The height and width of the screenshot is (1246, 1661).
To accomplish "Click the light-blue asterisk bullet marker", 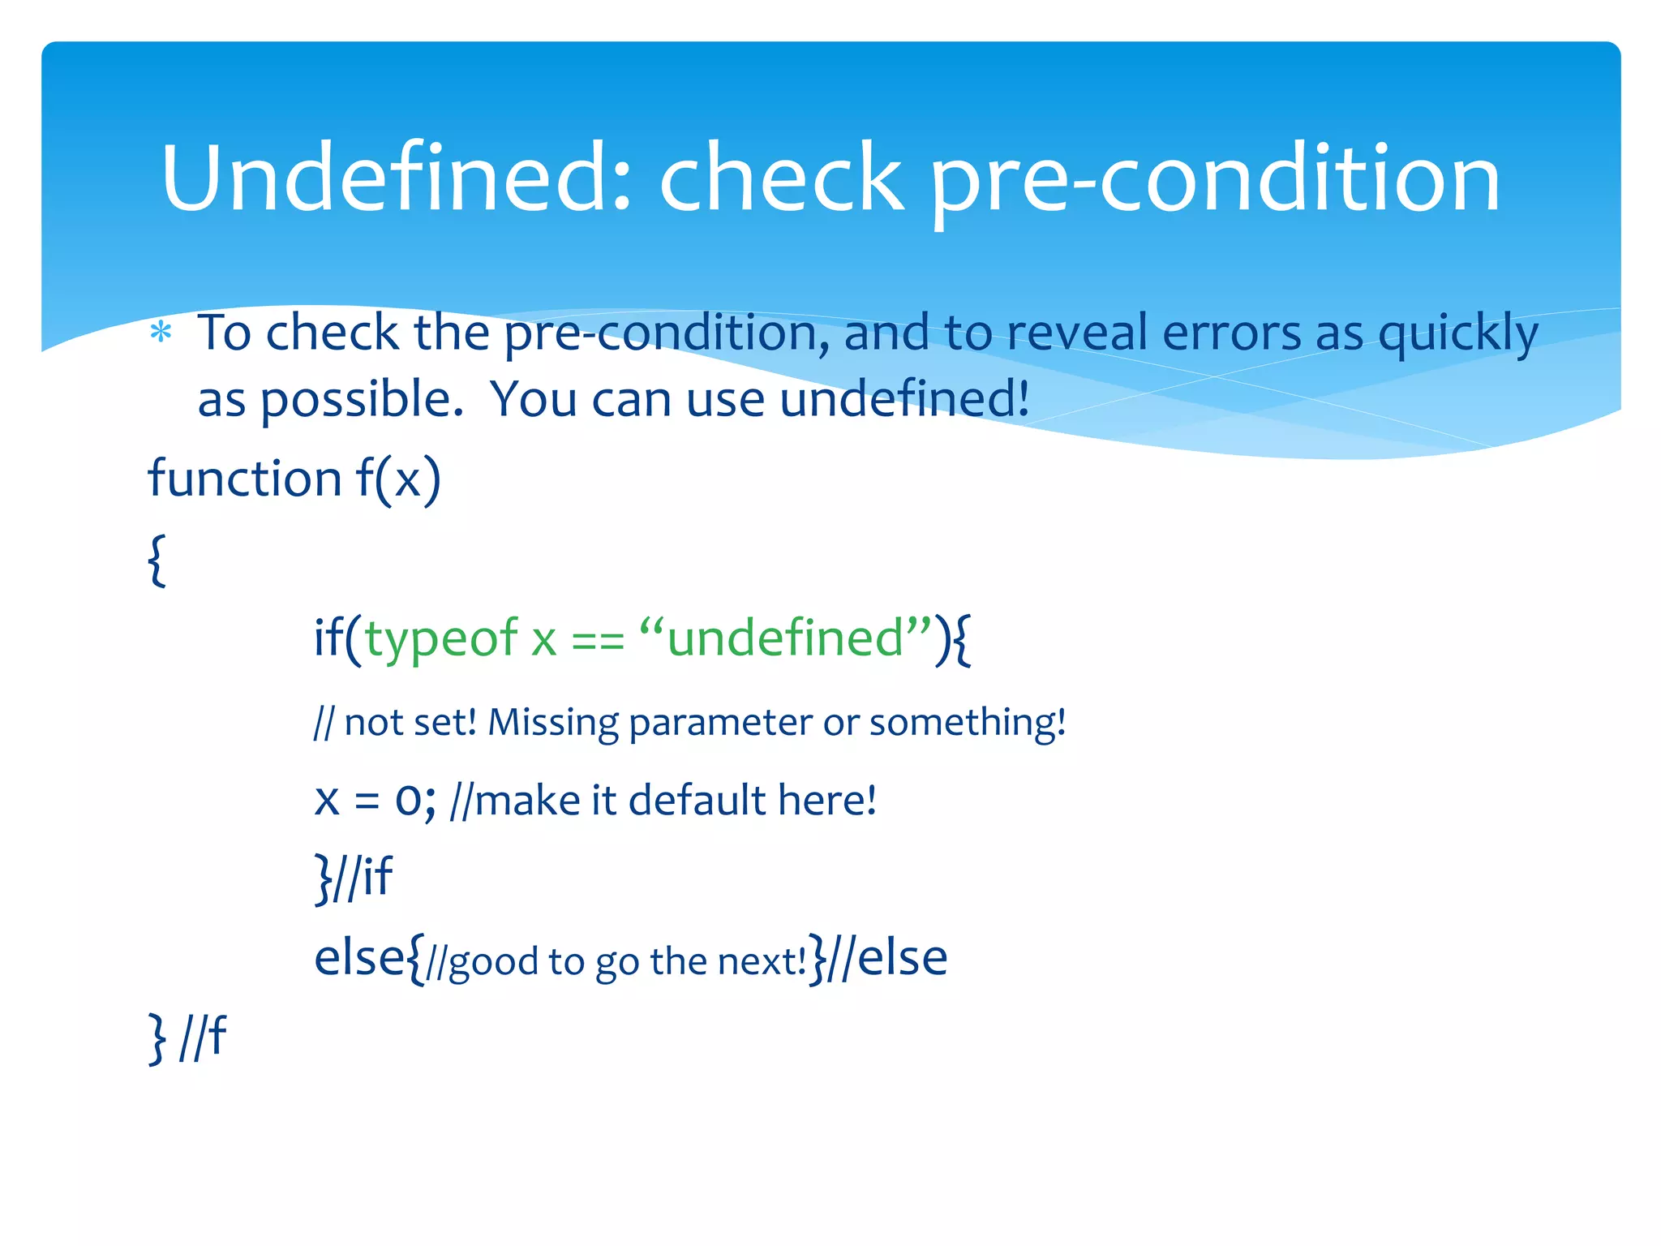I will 161,333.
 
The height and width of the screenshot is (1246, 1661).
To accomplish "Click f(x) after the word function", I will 398,478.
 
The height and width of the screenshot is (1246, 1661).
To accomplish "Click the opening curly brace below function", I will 157,560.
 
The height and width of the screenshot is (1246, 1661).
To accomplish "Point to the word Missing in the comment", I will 553,722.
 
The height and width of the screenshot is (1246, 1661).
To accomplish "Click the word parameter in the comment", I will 719,722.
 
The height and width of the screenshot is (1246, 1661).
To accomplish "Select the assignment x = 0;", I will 375,800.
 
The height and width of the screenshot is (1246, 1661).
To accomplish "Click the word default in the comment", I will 697,800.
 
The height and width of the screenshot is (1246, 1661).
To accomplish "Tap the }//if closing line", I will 354,877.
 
